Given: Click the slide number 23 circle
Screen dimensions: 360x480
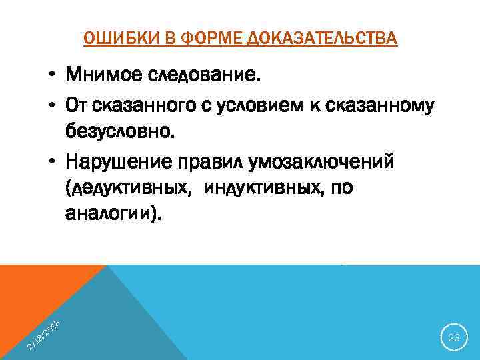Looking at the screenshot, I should click(454, 338).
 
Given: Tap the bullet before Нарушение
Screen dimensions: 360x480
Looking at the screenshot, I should click(51, 163).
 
